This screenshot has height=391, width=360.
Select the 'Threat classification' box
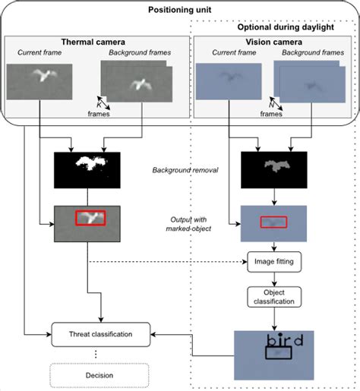click(100, 333)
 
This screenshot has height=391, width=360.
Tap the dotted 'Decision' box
click(100, 374)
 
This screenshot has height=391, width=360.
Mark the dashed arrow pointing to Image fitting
click(167, 262)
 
